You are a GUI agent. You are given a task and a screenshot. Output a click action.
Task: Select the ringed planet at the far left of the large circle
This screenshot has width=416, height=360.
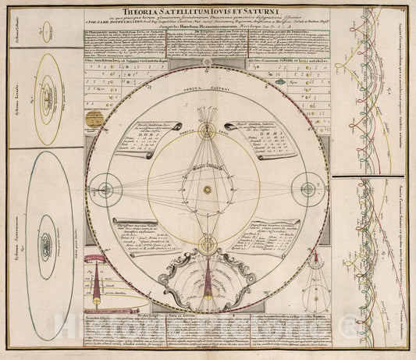coord(102,190)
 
